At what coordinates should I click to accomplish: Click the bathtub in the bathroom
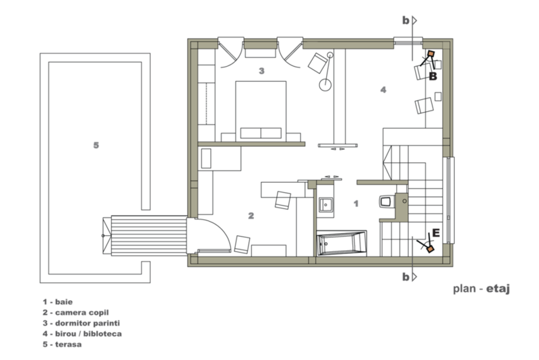tap(342, 243)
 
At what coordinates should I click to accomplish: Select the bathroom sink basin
tap(325, 205)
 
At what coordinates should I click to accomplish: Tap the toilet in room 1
tap(386, 202)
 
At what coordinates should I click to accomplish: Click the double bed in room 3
tap(261, 111)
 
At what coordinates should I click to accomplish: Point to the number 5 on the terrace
tap(96, 146)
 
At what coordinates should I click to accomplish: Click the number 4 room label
tap(383, 90)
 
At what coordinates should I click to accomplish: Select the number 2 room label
tap(251, 216)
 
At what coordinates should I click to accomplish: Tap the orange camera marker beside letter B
tap(431, 54)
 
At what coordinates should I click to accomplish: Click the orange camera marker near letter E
tap(430, 249)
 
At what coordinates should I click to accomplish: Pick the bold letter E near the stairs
tap(436, 233)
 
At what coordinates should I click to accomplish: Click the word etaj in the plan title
tap(498, 289)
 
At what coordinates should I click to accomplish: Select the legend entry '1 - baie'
tap(58, 302)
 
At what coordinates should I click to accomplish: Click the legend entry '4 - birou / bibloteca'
tap(82, 334)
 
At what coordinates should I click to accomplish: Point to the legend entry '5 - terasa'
tap(62, 344)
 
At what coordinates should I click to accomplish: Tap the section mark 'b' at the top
tap(406, 21)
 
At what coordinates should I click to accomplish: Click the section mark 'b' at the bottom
tap(406, 276)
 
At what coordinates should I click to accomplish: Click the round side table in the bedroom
tap(325, 84)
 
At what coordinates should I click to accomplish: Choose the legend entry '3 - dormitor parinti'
tap(81, 323)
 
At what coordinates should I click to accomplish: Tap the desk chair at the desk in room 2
tap(283, 200)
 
